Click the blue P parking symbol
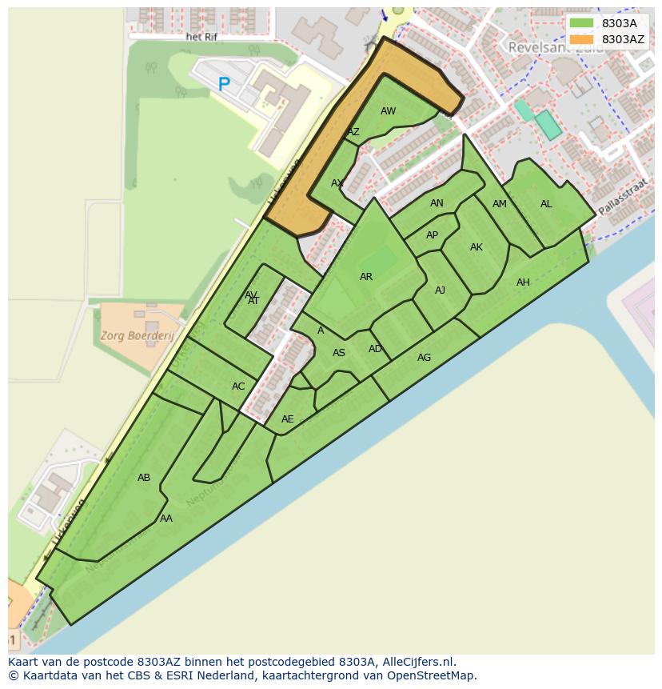[x=224, y=83]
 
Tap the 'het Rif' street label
[x=201, y=37]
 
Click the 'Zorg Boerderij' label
[x=138, y=336]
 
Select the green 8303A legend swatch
[x=582, y=23]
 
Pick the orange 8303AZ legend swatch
[x=582, y=39]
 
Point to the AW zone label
[x=388, y=111]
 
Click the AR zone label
[x=366, y=277]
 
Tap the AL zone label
[x=546, y=204]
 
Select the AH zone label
[x=523, y=282]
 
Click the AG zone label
[x=424, y=358]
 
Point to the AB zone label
[x=144, y=478]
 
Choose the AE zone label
[x=288, y=419]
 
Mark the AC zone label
[x=238, y=387]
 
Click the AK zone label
[x=477, y=247]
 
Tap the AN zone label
[x=437, y=203]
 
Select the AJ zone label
[x=440, y=290]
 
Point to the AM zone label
[x=500, y=204]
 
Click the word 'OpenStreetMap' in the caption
[x=435, y=675]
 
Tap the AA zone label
[x=166, y=519]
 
